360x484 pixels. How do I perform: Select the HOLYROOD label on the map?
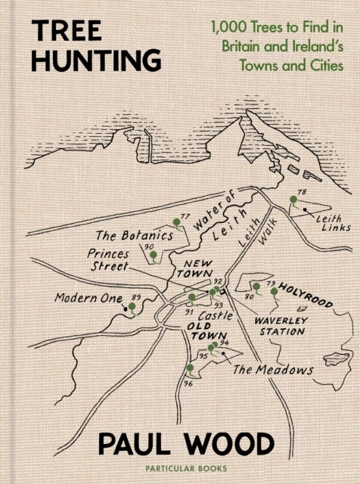click(x=306, y=296)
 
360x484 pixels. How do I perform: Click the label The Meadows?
click(x=272, y=370)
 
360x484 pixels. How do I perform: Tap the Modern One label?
click(x=88, y=299)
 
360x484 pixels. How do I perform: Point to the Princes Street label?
click(x=108, y=260)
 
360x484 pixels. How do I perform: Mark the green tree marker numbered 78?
click(x=292, y=200)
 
